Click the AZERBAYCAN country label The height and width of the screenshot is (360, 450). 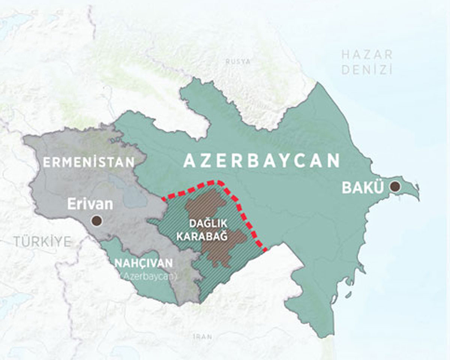point(261,161)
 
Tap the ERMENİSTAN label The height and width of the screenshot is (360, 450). point(88,162)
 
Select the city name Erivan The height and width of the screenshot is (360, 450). point(90,205)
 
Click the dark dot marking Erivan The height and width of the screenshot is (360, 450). point(97,220)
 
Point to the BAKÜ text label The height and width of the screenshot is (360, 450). point(362,188)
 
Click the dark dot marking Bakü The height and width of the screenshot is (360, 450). point(394,187)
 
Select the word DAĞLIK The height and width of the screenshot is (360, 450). point(208,224)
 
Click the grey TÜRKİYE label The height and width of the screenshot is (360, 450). point(42,242)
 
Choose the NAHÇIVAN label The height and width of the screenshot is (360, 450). point(144,263)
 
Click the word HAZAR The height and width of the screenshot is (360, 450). point(367,55)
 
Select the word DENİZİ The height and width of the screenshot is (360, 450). point(367,70)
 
